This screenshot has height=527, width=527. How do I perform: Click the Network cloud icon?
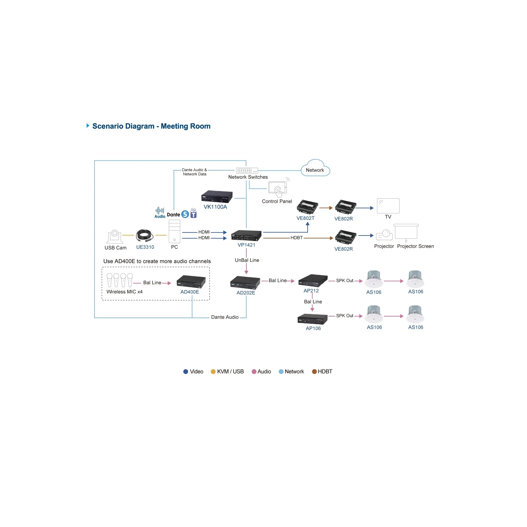coord(315,168)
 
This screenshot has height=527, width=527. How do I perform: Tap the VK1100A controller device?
coord(217,197)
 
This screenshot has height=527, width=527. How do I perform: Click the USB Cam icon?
coord(115,237)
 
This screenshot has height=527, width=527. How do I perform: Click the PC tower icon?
coord(174,232)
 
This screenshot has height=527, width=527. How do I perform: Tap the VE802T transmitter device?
coord(307,207)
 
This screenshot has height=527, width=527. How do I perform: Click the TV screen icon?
coord(388,206)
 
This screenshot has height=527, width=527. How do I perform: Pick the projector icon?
coord(384,235)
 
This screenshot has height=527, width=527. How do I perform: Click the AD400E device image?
coord(191,282)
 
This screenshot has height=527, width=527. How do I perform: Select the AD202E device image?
coord(245,283)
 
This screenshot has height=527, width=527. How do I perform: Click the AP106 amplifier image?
coord(313,319)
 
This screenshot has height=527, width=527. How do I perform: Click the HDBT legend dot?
coord(314,372)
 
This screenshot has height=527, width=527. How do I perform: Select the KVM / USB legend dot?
coord(213,372)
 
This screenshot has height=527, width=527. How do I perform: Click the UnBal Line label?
coord(247,260)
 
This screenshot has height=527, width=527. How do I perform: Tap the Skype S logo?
coord(185,214)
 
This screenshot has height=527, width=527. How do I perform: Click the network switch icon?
coord(247,171)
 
